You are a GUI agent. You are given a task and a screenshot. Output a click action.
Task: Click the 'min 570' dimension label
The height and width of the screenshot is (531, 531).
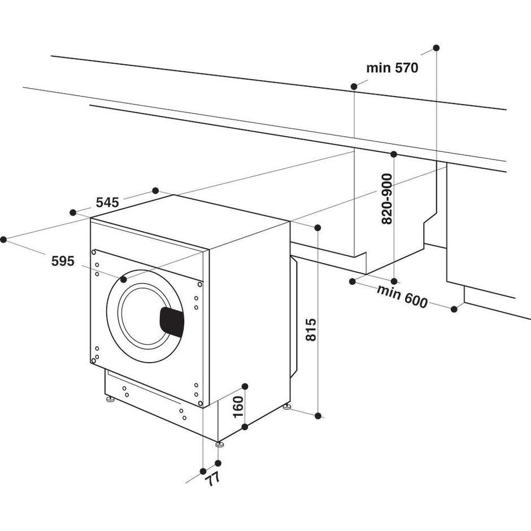pos(392,68)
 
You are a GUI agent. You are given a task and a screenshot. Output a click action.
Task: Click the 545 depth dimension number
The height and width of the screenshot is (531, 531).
pos(107,202)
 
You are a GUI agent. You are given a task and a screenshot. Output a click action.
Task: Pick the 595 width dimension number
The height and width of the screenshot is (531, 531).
pos(63,262)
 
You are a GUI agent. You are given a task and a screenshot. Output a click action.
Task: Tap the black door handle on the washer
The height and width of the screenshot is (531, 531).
pos(172,321)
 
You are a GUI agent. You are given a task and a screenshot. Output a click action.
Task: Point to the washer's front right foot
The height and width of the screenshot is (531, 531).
pos(219,443)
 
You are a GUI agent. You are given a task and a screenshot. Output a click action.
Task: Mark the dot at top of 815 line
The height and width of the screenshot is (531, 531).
pos(317,228)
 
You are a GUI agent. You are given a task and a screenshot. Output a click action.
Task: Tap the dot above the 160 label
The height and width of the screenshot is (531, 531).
pos(245,386)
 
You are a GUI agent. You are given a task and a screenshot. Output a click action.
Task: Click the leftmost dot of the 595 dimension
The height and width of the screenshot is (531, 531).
pos(4,240)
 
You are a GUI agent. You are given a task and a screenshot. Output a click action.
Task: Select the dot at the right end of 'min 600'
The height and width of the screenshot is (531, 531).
pos(454,308)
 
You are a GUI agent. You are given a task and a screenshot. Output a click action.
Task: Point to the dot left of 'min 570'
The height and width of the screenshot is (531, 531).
pos(354,86)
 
